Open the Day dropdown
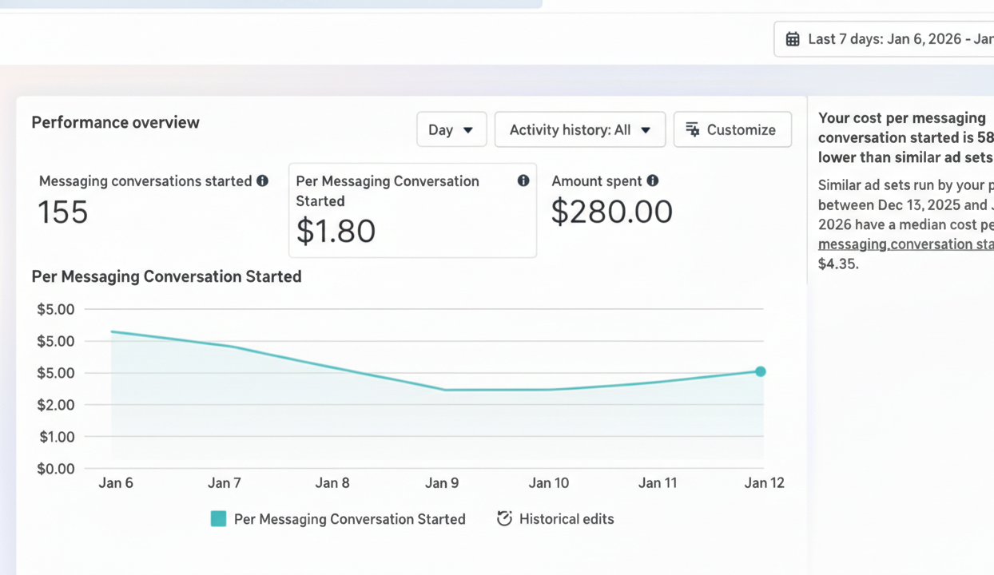pyautogui.click(x=451, y=129)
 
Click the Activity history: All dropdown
pyautogui.click(x=579, y=129)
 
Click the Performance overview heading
pyautogui.click(x=115, y=122)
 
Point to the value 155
pyautogui.click(x=63, y=212)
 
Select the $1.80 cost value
pyautogui.click(x=336, y=231)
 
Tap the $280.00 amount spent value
pyautogui.click(x=612, y=212)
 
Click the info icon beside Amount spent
pyautogui.click(x=653, y=181)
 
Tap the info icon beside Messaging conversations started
pyautogui.click(x=262, y=181)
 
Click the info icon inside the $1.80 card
pyautogui.click(x=523, y=181)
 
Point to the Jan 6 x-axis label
pyautogui.click(x=116, y=483)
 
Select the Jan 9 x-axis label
pyautogui.click(x=442, y=483)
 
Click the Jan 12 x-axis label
pyautogui.click(x=765, y=483)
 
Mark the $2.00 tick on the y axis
pyautogui.click(x=56, y=405)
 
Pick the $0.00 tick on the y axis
pyautogui.click(x=56, y=469)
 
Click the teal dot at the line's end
pyautogui.click(x=761, y=371)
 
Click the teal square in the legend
pyautogui.click(x=218, y=519)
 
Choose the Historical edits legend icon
pyautogui.click(x=504, y=519)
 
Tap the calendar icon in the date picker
pyautogui.click(x=793, y=39)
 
